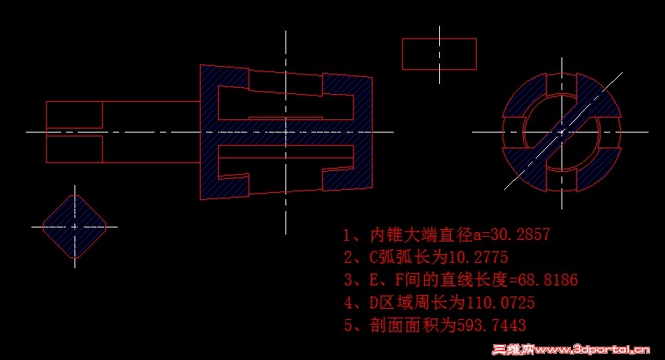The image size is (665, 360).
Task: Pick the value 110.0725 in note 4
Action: pyautogui.click(x=500, y=303)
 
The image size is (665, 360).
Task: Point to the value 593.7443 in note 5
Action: pyautogui.click(x=491, y=325)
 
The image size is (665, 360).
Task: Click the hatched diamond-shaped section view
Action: pyautogui.click(x=74, y=227)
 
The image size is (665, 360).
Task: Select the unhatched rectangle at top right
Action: pyautogui.click(x=439, y=54)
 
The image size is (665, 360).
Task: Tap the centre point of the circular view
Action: pyautogui.click(x=562, y=132)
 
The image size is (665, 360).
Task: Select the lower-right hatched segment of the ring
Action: pyautogui.click(x=599, y=169)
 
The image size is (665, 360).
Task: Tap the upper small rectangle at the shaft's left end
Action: pyautogui.click(x=74, y=115)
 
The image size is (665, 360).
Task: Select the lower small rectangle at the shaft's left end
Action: pyautogui.click(x=74, y=149)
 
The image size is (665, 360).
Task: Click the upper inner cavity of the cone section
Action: pyautogui.click(x=285, y=105)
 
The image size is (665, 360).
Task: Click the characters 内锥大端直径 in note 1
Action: pyautogui.click(x=421, y=235)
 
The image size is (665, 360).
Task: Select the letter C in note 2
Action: pyautogui.click(x=373, y=257)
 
